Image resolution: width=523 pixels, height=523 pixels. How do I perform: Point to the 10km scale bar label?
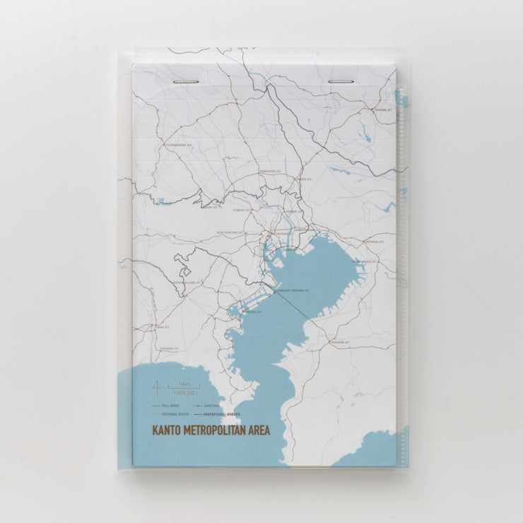click(184, 384)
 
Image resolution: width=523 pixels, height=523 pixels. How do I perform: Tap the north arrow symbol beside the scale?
click(156, 387)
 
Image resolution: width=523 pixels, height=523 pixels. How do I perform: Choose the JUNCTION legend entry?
click(211, 406)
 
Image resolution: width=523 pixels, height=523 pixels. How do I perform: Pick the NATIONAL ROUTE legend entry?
click(174, 413)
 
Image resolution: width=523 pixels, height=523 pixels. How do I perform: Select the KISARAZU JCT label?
click(340, 342)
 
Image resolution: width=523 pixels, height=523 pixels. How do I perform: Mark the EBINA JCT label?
click(162, 327)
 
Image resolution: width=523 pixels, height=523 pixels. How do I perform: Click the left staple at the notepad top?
click(185, 82)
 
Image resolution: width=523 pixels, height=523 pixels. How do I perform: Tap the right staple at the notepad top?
click(340, 82)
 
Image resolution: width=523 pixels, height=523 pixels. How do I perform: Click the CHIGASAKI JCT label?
click(170, 348)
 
